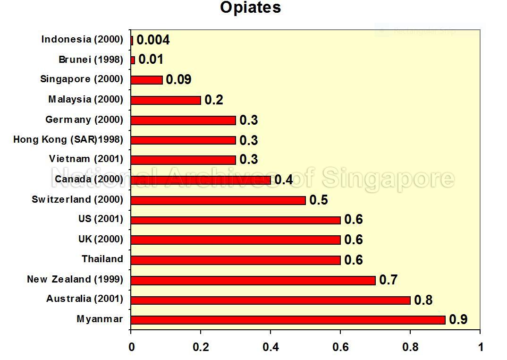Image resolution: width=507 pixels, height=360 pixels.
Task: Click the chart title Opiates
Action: (x=250, y=8)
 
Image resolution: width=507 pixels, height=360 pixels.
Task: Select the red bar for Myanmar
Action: (x=288, y=320)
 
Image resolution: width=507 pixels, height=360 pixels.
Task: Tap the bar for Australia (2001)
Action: (x=270, y=300)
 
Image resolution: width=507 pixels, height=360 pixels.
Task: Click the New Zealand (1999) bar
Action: (x=253, y=280)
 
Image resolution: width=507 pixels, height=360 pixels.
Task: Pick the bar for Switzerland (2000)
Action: (x=218, y=200)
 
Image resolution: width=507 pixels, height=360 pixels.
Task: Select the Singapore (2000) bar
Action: (x=147, y=80)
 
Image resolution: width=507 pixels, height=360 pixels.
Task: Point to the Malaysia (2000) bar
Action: (x=166, y=100)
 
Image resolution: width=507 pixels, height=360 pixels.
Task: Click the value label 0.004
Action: (x=153, y=40)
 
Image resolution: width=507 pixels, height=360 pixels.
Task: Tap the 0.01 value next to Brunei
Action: (x=151, y=60)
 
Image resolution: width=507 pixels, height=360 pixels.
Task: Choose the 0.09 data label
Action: (x=178, y=79)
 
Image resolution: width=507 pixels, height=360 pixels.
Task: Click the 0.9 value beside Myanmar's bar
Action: (x=458, y=320)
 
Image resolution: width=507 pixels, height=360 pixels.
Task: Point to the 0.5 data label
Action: (x=318, y=200)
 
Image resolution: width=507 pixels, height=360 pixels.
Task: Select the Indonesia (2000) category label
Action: (x=82, y=39)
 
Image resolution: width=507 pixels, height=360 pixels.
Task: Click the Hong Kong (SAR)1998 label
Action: (x=68, y=139)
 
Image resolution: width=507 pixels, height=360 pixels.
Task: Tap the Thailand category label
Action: (x=102, y=259)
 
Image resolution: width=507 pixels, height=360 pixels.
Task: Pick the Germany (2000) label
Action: (x=84, y=120)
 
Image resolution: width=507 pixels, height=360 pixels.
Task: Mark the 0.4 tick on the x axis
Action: (x=270, y=347)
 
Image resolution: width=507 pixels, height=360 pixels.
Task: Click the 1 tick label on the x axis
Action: (x=480, y=347)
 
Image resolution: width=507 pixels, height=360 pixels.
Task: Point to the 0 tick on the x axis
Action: (x=131, y=347)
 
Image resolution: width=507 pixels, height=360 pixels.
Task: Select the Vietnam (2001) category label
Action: (x=85, y=159)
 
